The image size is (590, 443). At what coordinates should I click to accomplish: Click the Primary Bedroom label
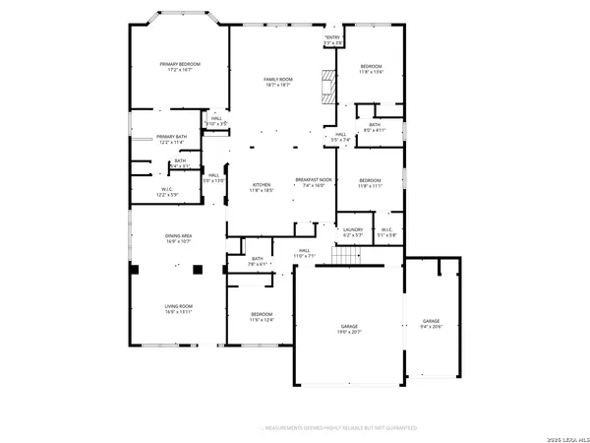coord(180,66)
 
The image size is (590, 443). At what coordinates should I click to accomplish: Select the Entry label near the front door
coord(333,40)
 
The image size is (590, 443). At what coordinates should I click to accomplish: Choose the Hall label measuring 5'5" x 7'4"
coord(340,138)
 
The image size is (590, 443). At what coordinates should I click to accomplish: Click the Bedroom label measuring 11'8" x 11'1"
coord(370,183)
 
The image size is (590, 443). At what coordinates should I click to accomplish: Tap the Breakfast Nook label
coord(314,183)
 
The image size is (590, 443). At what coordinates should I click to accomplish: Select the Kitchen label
coord(261,187)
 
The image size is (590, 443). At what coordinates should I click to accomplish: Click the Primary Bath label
coord(171,140)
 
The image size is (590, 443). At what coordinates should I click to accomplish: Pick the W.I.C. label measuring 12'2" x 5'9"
coord(167,192)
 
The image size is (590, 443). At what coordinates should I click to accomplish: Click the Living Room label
coord(178,309)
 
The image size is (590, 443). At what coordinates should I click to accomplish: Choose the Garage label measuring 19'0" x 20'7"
coord(349,332)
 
